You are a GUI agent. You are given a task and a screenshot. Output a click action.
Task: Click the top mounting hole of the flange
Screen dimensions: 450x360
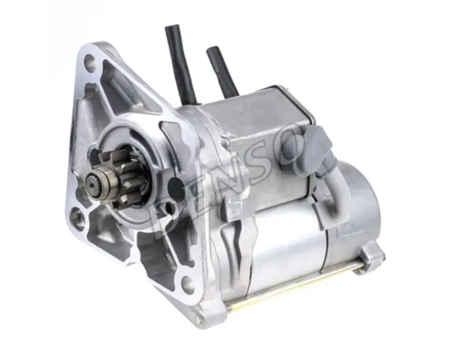90,62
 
